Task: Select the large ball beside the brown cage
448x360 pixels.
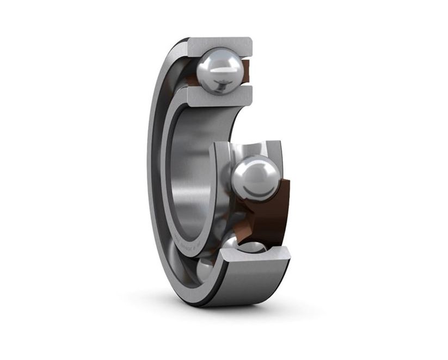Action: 255,177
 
